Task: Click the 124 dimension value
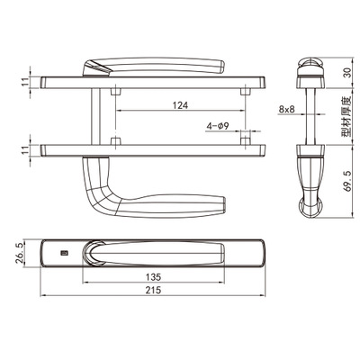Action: coord(180,105)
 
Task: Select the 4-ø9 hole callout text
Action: coord(218,126)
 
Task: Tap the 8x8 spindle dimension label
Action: coord(286,109)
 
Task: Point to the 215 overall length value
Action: coord(154,290)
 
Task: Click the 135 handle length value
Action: coord(153,277)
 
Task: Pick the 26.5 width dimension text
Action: coord(19,253)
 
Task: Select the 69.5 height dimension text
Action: coord(347,181)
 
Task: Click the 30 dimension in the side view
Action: coord(347,73)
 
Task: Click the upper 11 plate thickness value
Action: coord(26,82)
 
